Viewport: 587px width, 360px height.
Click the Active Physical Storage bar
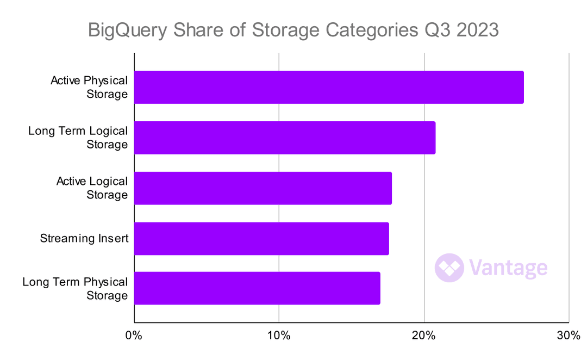tap(329, 87)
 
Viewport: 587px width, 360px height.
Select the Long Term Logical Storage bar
tap(285, 138)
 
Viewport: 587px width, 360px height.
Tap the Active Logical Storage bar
tap(263, 188)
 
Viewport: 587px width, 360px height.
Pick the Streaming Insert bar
tap(261, 239)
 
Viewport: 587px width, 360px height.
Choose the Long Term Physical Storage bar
tap(257, 288)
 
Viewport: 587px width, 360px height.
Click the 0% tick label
tap(134, 336)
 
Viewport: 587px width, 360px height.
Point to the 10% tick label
tap(279, 336)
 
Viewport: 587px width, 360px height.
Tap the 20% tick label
tap(424, 336)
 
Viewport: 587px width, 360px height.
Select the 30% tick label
tap(569, 336)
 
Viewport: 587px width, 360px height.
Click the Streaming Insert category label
tap(84, 238)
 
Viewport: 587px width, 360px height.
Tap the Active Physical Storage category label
tap(89, 87)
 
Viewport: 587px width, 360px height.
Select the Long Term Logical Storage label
tap(78, 138)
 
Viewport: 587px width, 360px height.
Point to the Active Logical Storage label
tap(92, 188)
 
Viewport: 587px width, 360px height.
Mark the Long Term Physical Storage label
tap(75, 289)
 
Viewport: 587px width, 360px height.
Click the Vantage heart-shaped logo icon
tap(449, 268)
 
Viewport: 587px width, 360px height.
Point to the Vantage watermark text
tap(508, 268)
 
